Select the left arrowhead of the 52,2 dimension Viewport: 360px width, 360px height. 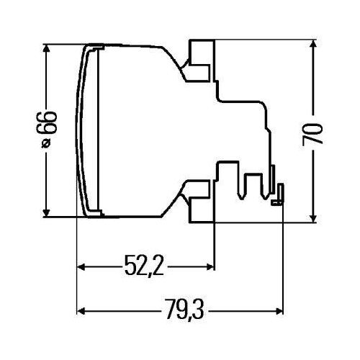coord(81,267)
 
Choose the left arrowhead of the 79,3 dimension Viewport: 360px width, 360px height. coord(81,310)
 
